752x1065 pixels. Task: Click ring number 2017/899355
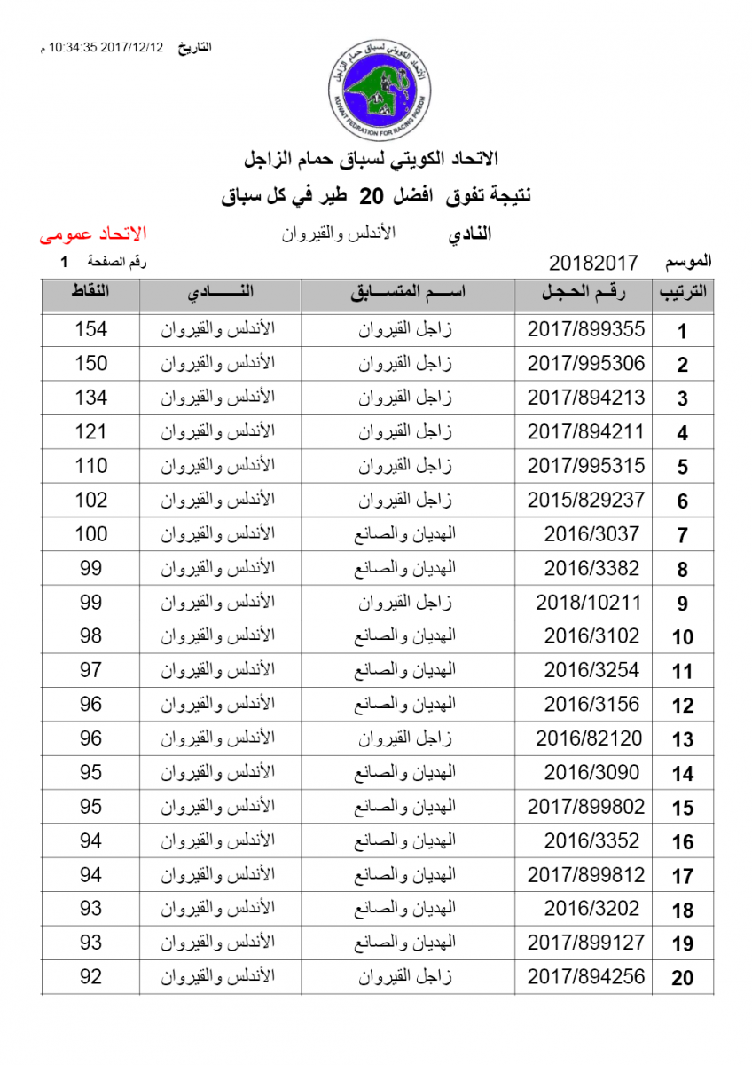[585, 329]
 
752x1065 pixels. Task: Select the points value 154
[90, 329]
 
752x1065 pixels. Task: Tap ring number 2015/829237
[585, 500]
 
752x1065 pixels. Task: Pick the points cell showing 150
[90, 363]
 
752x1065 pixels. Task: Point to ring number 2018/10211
[587, 603]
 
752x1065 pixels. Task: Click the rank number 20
[682, 979]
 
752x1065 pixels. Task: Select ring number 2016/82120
[587, 738]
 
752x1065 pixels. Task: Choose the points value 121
[90, 432]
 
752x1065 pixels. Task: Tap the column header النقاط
[90, 293]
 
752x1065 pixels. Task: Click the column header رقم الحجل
[584, 293]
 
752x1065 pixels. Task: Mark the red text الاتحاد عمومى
[93, 235]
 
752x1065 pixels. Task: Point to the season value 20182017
[593, 263]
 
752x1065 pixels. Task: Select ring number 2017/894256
[585, 977]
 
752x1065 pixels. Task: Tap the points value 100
[90, 534]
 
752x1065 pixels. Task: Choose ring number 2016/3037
[591, 534]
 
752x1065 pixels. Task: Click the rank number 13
[682, 740]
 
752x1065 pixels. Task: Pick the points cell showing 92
[90, 977]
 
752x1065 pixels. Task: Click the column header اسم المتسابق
[407, 293]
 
